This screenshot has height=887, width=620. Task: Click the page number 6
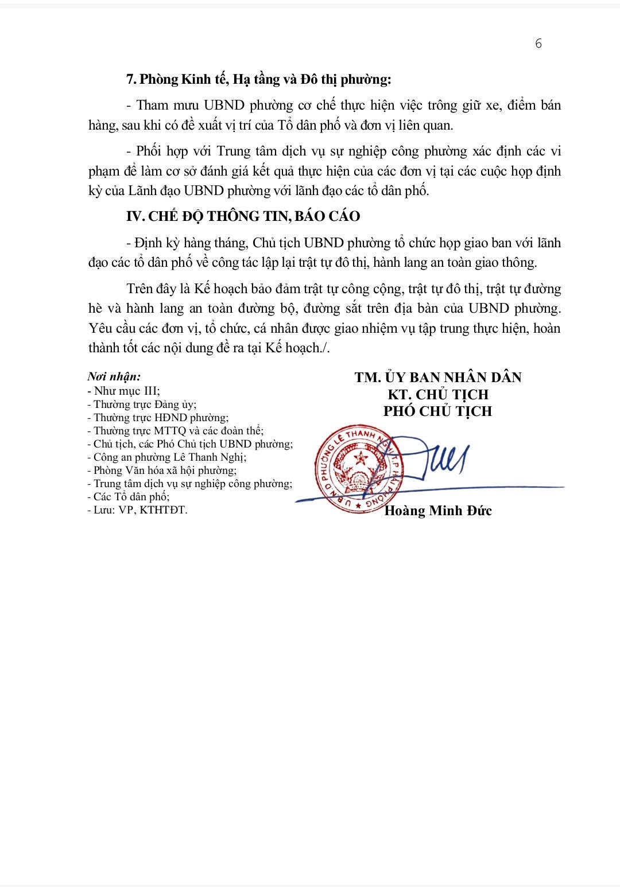click(538, 44)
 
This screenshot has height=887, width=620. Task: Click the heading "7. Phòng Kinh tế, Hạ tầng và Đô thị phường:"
click(258, 80)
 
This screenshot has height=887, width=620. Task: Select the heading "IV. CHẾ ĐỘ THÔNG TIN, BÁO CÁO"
click(243, 216)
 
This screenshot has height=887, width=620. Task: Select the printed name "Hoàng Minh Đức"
click(437, 511)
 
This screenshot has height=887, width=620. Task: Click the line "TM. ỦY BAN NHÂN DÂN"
click(437, 377)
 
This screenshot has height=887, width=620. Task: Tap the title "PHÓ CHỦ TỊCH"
click(437, 411)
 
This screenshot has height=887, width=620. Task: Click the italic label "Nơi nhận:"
click(114, 377)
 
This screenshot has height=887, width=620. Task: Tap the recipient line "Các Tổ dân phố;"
click(127, 497)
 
